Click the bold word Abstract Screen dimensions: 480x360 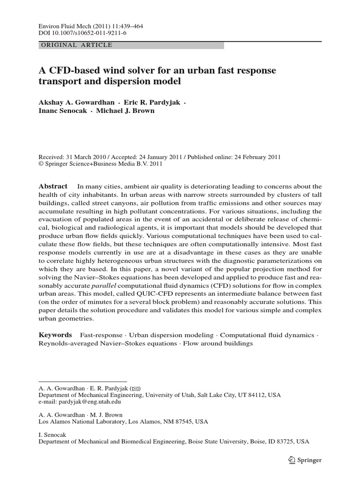(x=52, y=186)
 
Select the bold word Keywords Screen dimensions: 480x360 (x=55, y=335)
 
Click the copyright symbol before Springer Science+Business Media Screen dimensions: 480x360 (x=40, y=165)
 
